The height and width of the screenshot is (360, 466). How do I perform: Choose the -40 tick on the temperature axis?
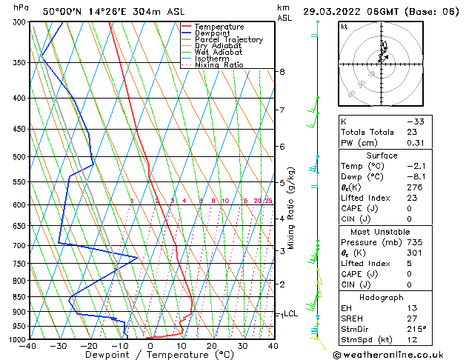28,346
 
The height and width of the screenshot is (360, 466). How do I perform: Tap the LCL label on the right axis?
290,314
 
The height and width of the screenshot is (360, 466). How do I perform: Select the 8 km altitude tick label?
282,72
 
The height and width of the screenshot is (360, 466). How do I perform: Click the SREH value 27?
412,319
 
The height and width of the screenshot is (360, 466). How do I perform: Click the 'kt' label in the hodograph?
344,26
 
